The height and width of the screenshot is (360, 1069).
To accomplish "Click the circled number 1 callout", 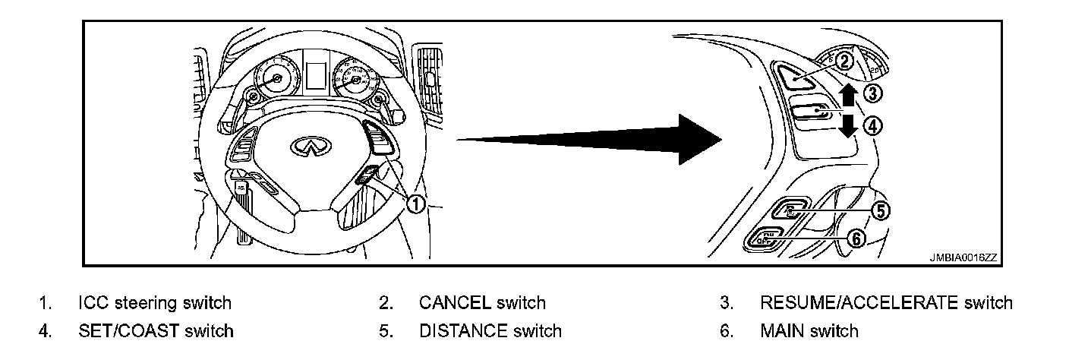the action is click(415, 204).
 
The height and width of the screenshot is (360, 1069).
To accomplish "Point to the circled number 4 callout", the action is click(873, 126).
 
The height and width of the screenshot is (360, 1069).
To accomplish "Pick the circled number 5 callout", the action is click(879, 210).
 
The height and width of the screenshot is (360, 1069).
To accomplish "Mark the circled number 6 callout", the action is click(856, 238).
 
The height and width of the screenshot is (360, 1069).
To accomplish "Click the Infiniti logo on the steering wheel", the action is click(306, 147).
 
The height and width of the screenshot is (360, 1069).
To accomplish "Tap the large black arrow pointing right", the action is click(592, 138).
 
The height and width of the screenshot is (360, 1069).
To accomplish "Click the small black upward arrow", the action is click(848, 96).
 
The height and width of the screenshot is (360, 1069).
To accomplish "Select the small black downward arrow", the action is click(848, 125).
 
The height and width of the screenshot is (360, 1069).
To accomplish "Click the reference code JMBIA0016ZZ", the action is click(963, 257).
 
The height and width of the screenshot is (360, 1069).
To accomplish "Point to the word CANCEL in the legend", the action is click(455, 303).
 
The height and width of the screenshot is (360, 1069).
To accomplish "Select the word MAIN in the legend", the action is click(782, 330).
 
